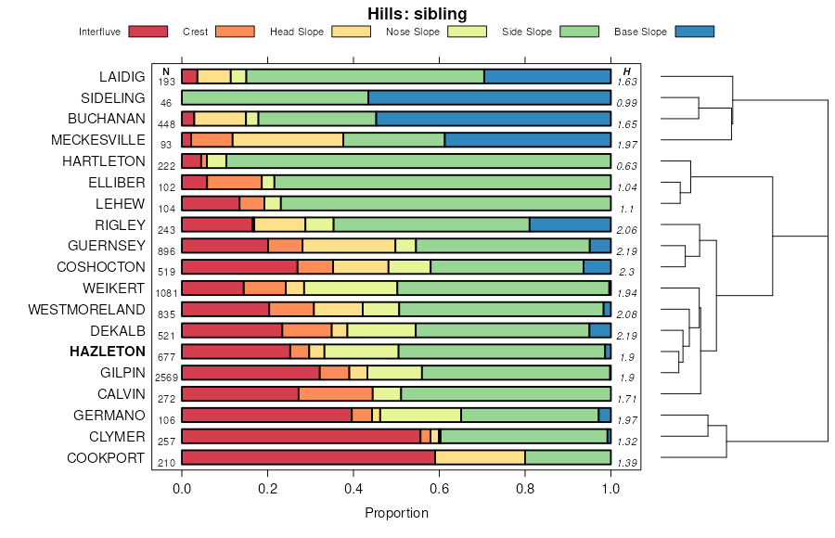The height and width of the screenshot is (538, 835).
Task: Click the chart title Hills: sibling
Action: (417, 13)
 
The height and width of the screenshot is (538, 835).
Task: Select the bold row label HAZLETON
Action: (108, 352)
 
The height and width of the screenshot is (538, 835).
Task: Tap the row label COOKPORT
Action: (106, 457)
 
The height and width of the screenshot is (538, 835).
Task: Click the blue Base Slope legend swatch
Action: (695, 32)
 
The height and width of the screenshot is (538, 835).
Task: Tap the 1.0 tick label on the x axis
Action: (610, 485)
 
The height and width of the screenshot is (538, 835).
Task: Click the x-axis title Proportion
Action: (396, 513)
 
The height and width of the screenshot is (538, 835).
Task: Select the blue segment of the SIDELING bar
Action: (489, 97)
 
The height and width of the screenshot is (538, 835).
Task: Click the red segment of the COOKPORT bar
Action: (308, 457)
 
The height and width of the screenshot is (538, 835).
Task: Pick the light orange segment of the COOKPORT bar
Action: (480, 457)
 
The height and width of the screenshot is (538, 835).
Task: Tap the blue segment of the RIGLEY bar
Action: (570, 224)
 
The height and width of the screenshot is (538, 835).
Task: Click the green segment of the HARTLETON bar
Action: (418, 161)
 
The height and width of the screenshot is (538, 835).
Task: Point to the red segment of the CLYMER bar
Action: (301, 436)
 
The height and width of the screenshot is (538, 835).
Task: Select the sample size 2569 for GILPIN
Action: (166, 378)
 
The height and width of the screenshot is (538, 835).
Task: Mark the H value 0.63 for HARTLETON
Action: (627, 166)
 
